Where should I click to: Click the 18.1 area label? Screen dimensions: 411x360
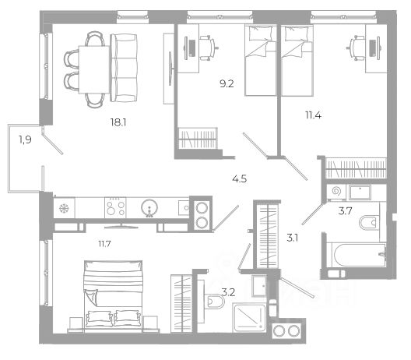coord(118,122)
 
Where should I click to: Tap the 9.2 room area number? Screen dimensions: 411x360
coord(227,84)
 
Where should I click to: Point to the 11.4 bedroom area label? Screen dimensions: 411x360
coord(313,115)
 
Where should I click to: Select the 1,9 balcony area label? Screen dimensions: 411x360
coord(25,139)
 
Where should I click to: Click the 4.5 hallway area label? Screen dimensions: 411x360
coord(240,179)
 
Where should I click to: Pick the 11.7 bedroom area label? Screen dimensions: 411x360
coord(104,244)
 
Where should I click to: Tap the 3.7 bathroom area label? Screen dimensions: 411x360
coord(345,210)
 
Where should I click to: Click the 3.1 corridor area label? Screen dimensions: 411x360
coord(292,238)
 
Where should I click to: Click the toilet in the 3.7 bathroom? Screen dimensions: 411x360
coord(369,223)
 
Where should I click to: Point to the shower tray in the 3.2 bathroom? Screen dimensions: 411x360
coord(249,317)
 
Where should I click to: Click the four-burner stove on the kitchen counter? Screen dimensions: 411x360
coord(115,207)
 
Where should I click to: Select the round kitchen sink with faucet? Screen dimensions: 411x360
coord(149,208)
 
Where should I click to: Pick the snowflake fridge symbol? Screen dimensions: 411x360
coord(64,208)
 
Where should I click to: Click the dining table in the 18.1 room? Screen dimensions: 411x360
coord(94,69)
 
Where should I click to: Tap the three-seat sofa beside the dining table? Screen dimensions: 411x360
coord(124,68)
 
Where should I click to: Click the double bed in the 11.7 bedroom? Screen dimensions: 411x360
coord(113,296)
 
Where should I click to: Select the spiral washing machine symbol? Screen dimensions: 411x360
coord(335,192)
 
